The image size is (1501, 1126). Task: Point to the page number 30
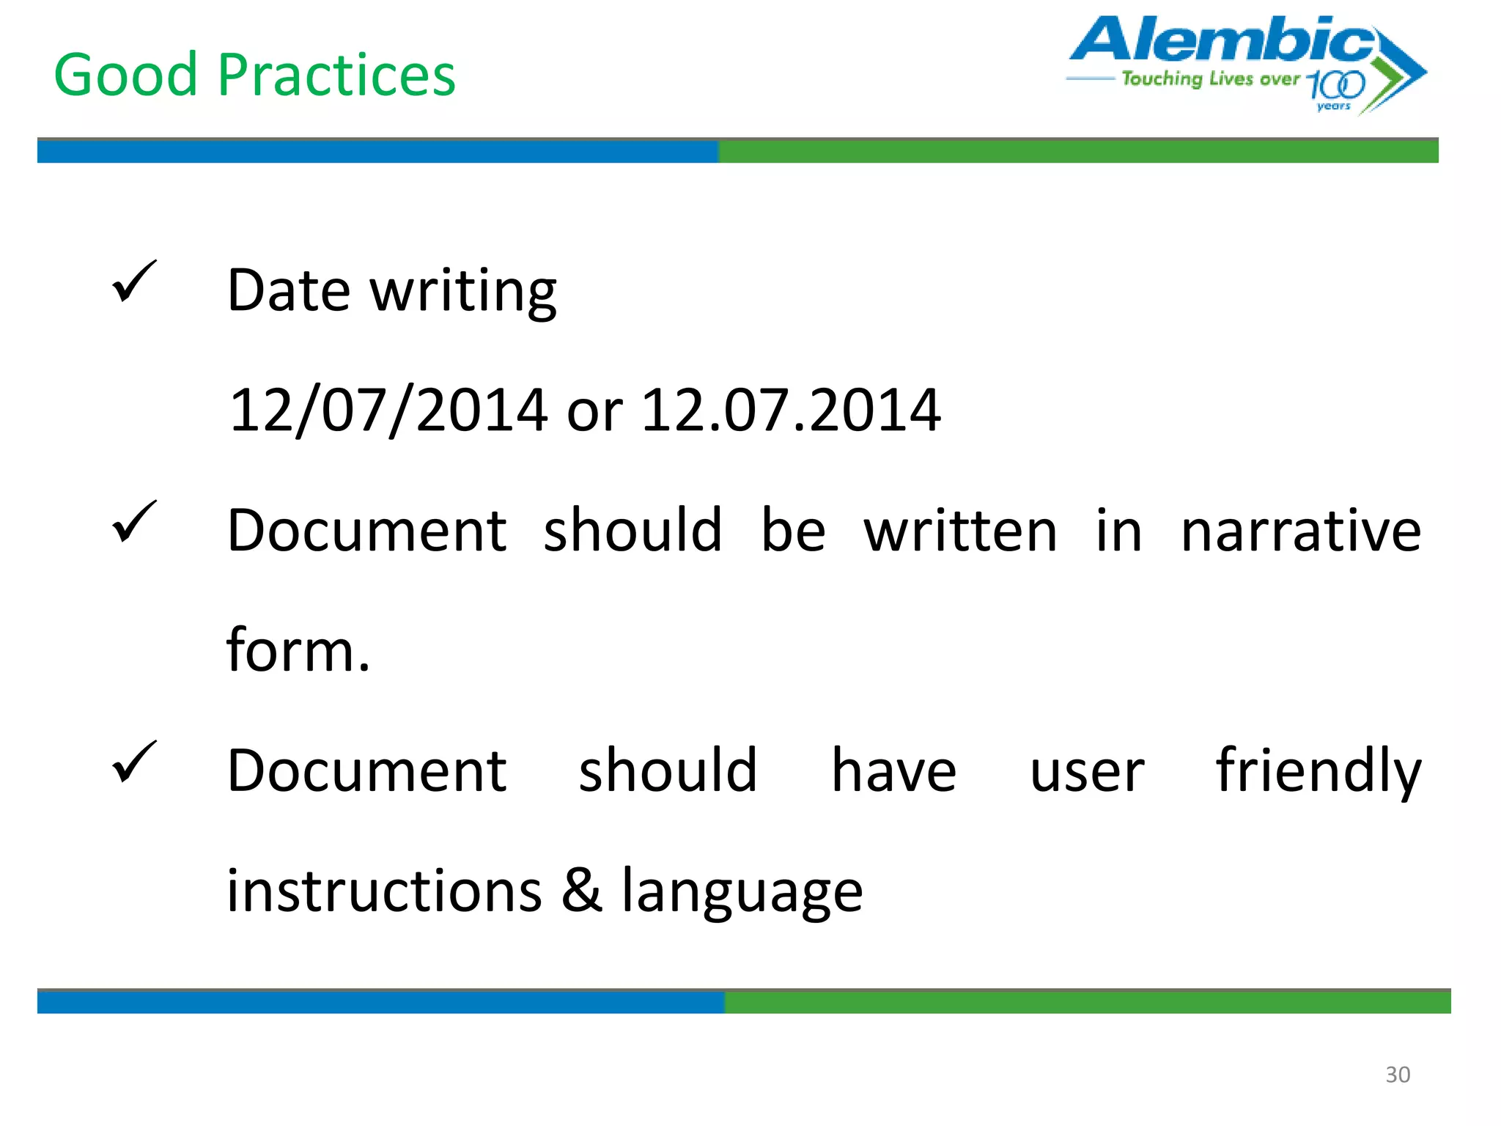1397,1074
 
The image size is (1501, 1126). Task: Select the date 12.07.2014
791,410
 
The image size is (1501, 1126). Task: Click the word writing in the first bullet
463,292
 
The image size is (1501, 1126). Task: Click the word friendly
1318,772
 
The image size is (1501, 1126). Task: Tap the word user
1087,772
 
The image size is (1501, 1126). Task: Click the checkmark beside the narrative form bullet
134,522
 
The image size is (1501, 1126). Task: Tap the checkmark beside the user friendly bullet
134,762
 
